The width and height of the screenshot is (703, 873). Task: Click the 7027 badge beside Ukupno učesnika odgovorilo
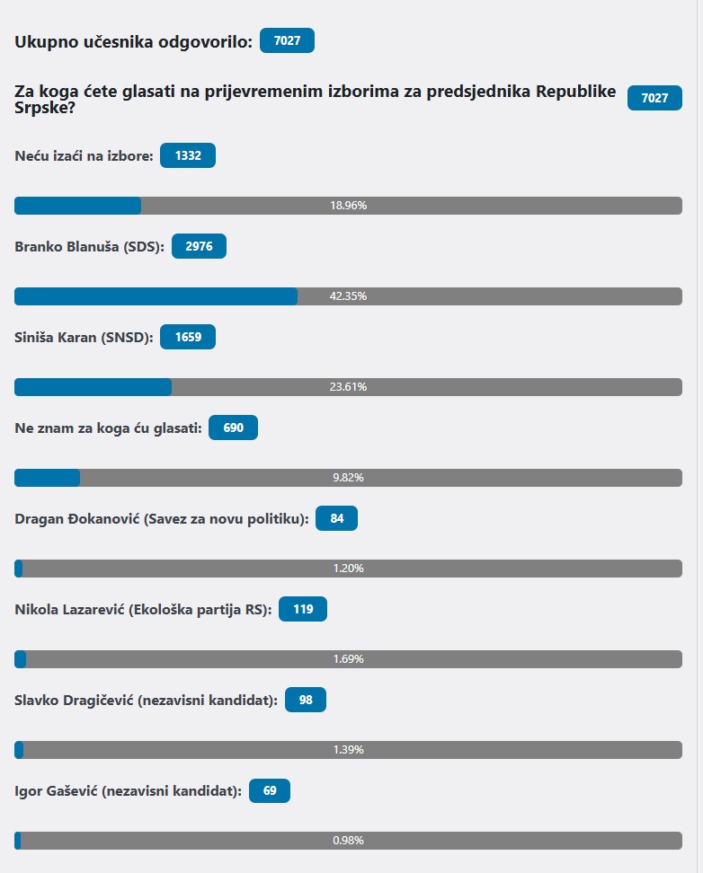point(287,41)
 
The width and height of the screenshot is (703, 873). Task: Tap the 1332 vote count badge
point(187,155)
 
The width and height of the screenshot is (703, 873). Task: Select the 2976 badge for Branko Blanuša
point(199,246)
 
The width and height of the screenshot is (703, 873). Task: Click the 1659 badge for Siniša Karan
point(187,337)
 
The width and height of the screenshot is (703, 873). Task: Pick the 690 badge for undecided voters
point(233,428)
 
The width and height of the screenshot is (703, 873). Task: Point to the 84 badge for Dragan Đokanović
point(336,518)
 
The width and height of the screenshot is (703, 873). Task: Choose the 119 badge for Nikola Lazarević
point(303,609)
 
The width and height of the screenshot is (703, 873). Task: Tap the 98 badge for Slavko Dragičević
point(305,700)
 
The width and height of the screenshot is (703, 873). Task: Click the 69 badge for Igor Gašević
point(269,790)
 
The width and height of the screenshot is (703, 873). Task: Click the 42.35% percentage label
point(348,296)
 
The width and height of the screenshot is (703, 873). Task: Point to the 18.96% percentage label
point(348,206)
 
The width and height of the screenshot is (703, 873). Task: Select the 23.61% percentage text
point(348,387)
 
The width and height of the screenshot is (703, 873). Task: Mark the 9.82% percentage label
point(348,478)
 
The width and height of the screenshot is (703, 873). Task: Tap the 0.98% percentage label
point(348,841)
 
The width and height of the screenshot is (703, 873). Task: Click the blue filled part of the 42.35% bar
point(156,296)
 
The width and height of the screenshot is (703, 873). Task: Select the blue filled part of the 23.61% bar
point(93,387)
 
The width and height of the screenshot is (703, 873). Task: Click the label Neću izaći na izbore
point(84,156)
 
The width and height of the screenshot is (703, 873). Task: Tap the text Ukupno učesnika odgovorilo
point(133,41)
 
